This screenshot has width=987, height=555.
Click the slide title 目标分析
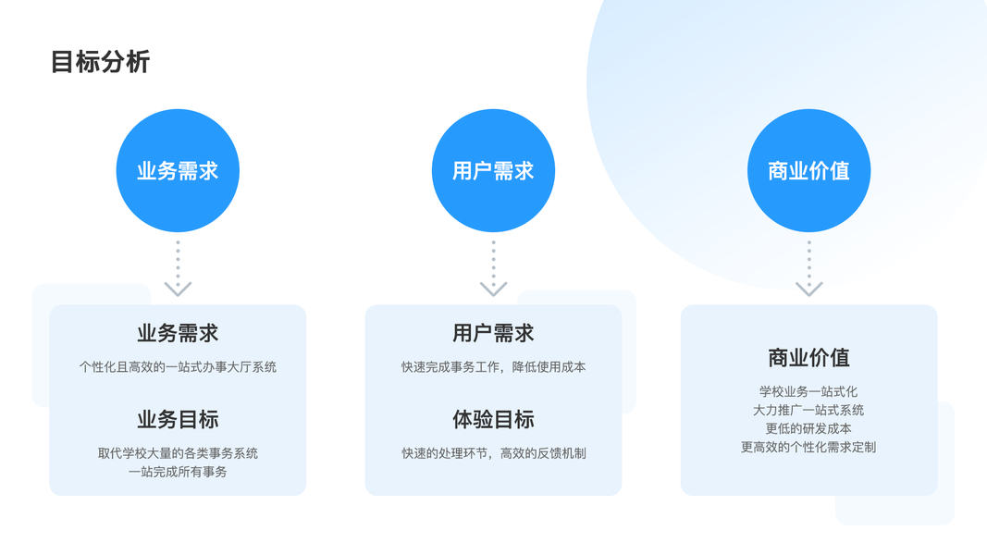100,62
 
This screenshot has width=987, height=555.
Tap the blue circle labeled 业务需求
178,171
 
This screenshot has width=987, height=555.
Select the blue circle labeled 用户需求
493,171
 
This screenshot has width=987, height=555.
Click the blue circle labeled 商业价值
808,171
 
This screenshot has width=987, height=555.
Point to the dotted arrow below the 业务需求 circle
178,269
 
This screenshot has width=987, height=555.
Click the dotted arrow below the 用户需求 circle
493,269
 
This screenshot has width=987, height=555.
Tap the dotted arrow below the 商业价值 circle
808,269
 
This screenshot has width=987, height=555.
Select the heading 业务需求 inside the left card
178,333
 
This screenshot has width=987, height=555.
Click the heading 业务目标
178,419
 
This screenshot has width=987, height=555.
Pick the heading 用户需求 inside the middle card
493,333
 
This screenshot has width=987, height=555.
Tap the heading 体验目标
493,419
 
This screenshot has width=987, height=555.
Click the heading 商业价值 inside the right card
808,358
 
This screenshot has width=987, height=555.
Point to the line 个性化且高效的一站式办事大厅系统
178,367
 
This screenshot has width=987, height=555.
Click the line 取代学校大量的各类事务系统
178,453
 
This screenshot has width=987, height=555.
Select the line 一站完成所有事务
178,472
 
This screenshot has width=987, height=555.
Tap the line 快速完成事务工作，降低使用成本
493,367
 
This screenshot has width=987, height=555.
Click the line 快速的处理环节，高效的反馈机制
493,453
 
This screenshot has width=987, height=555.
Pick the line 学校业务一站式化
808,391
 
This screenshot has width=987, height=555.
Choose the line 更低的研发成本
808,428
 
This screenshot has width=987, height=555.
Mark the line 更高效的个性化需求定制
808,447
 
